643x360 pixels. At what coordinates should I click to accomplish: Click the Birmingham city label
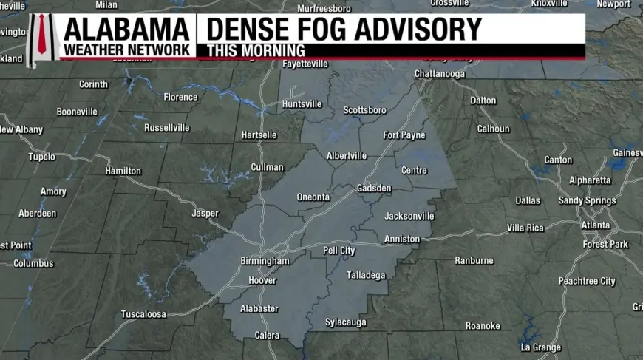pyautogui.click(x=265, y=261)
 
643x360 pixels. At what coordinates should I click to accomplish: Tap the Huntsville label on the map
pyautogui.click(x=302, y=104)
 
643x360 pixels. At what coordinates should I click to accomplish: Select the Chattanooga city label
pyautogui.click(x=439, y=74)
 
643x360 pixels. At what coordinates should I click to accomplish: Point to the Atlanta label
pyautogui.click(x=595, y=225)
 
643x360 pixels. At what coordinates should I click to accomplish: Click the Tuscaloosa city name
pyautogui.click(x=143, y=314)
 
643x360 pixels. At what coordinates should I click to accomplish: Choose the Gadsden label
pyautogui.click(x=374, y=189)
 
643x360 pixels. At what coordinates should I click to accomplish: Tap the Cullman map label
pyautogui.click(x=267, y=167)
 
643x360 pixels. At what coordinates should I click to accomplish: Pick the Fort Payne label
pyautogui.click(x=404, y=135)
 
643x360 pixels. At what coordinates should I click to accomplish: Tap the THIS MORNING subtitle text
pyautogui.click(x=256, y=50)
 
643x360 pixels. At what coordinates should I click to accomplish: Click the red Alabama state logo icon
pyautogui.click(x=42, y=38)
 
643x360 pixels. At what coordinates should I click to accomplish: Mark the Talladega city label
pyautogui.click(x=366, y=276)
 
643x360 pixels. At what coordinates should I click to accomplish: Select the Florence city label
pyautogui.click(x=180, y=97)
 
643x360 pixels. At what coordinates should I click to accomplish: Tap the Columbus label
pyautogui.click(x=33, y=263)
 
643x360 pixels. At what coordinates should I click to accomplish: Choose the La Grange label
pyautogui.click(x=540, y=347)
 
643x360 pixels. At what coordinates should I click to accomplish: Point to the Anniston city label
pyautogui.click(x=402, y=240)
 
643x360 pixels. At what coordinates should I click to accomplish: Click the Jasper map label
pyautogui.click(x=205, y=214)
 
